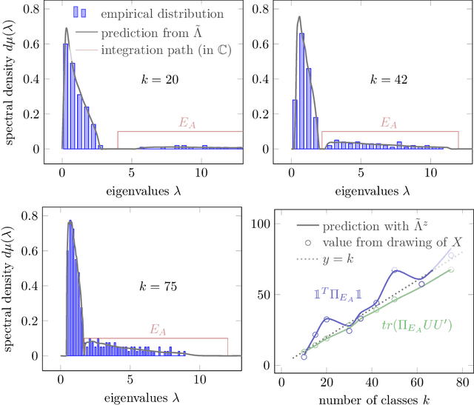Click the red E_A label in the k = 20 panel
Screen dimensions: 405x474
point(186,123)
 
